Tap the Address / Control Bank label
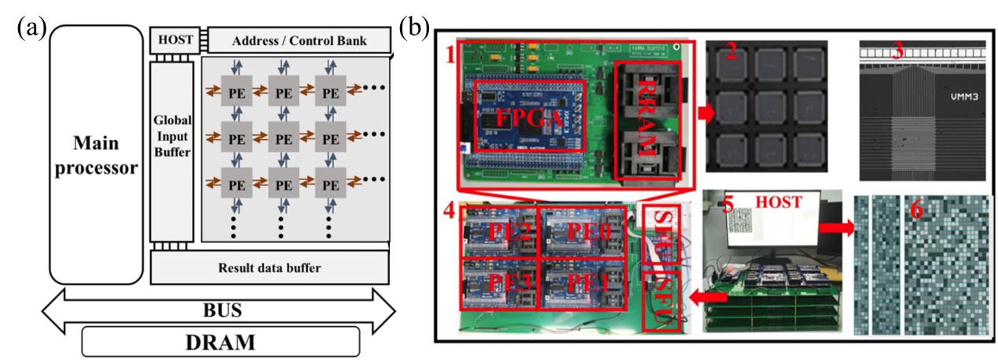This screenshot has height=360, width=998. coord(296,39)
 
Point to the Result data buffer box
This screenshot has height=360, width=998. coord(270,268)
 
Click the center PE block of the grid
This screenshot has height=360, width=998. coord(284,139)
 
